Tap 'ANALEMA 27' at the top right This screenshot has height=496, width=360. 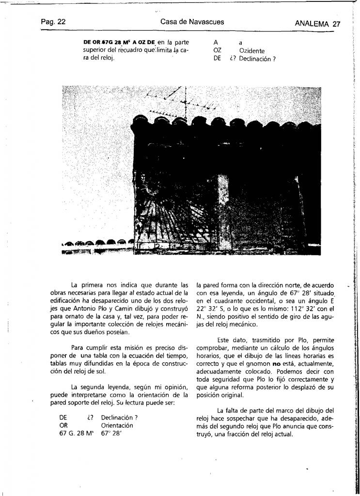[317, 24]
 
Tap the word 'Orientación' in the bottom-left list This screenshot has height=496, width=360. [117, 425]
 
